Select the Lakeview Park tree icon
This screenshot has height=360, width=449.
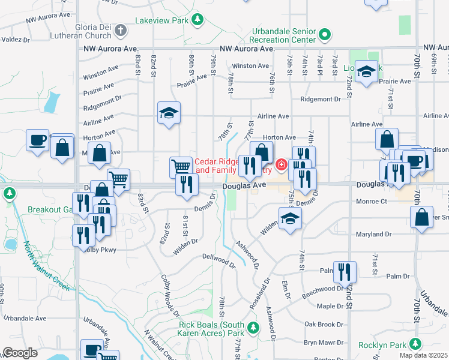point(197,20)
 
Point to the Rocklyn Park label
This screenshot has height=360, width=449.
point(382,345)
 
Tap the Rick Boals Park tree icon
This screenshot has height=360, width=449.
point(253,328)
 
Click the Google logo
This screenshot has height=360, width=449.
point(20,353)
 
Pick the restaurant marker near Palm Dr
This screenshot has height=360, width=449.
point(345,271)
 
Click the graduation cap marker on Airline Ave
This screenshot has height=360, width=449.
point(169,112)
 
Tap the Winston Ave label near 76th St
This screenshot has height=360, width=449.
point(250,65)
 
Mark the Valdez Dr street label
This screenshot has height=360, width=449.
point(15,40)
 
